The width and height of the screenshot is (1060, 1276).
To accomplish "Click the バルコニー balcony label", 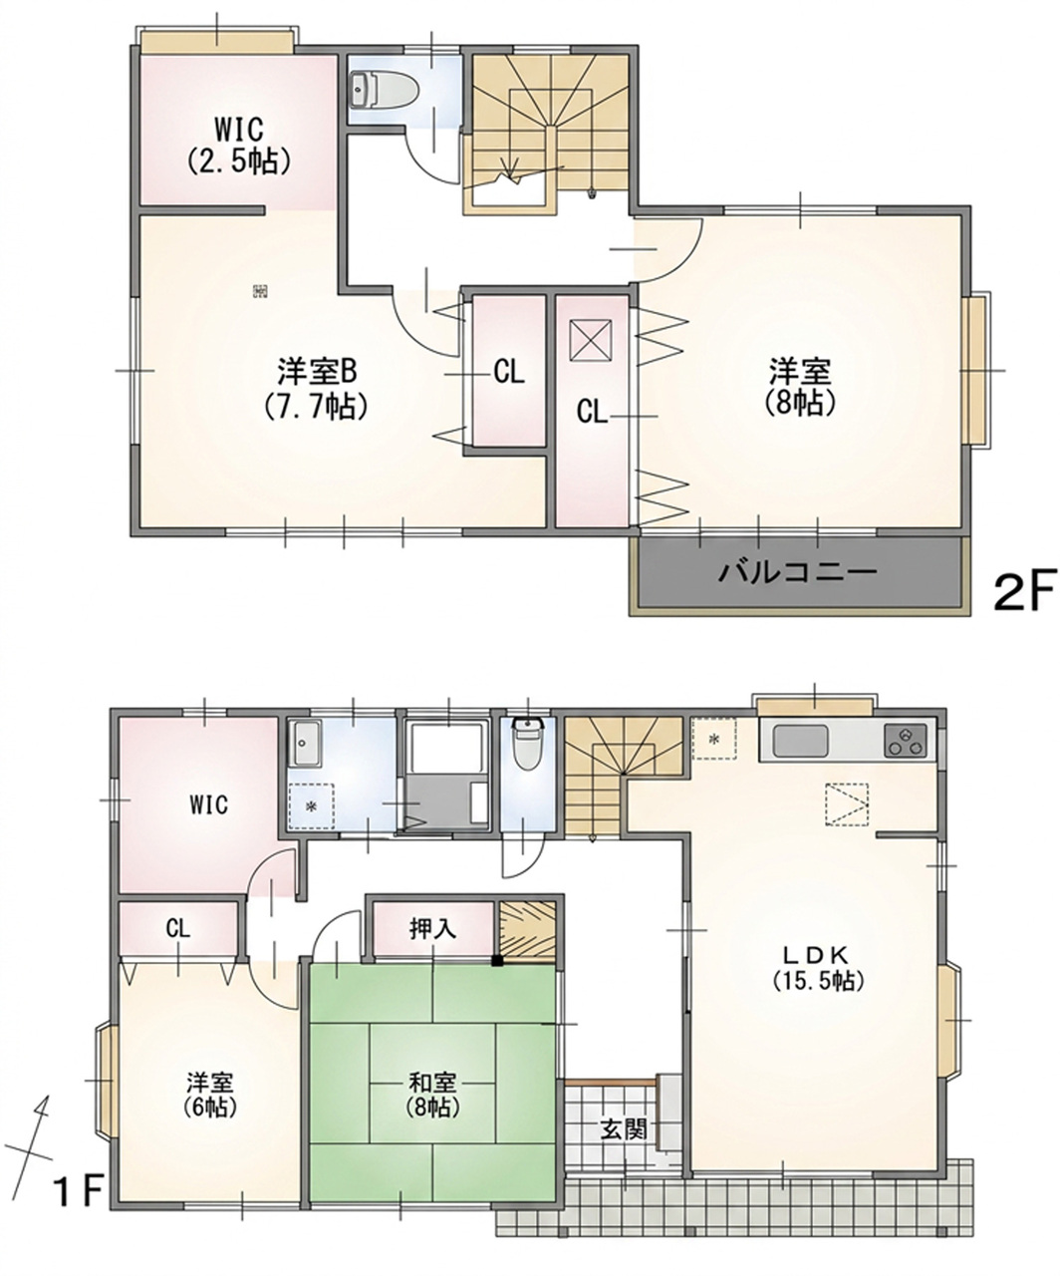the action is point(797,572).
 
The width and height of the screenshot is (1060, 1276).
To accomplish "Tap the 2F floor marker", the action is point(1024,590).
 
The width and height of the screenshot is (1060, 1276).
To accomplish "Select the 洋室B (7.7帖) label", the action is point(316,389).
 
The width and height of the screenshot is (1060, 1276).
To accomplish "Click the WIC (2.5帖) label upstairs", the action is point(238,146).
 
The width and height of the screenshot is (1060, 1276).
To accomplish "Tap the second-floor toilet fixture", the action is point(385,91).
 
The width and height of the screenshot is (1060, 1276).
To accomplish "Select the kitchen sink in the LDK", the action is point(801,740).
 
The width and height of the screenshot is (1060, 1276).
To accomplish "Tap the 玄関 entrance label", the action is point(623,1130).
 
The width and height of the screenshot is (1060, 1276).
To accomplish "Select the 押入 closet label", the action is point(432,929).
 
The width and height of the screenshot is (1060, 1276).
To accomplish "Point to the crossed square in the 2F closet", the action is point(592,341).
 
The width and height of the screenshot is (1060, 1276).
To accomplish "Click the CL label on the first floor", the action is point(177,929).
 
